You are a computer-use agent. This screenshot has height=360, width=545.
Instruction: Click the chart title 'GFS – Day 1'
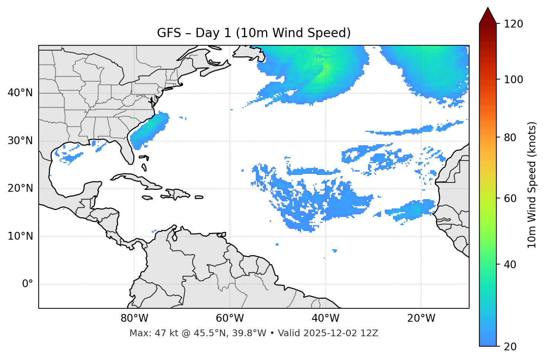(x=254, y=33)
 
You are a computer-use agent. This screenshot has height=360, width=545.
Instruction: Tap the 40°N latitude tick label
(x=20, y=93)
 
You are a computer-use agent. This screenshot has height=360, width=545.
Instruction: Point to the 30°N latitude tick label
(x=20, y=141)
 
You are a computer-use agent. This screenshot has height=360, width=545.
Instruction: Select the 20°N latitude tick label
(x=20, y=188)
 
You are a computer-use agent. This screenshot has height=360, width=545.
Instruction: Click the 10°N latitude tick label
(x=20, y=236)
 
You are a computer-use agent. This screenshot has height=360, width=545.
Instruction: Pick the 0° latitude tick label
(x=28, y=284)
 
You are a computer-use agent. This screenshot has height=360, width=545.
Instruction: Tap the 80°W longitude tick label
(x=134, y=318)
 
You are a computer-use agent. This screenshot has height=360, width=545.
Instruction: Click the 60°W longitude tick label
(x=230, y=318)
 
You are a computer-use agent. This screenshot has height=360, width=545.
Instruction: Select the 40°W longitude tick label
(x=325, y=318)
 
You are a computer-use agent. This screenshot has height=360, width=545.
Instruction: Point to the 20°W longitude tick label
(x=421, y=318)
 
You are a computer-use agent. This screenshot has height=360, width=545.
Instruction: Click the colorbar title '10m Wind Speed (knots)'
(x=532, y=185)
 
